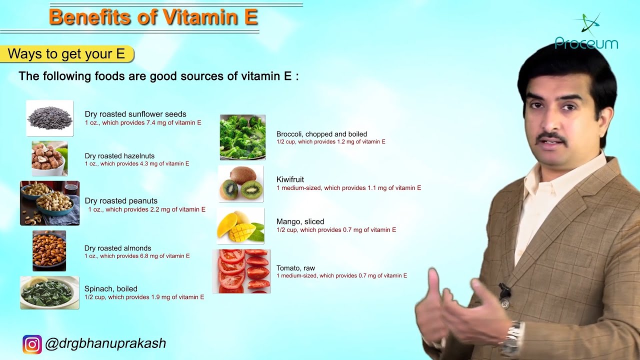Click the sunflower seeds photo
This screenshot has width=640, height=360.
coord(49,118)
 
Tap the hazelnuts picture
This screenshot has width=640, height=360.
coord(49,158)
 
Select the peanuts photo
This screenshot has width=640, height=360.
coord(49,203)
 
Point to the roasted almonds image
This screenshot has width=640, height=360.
coord(49,251)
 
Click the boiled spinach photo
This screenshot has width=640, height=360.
coord(49,292)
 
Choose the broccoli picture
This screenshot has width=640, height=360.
coord(242,137)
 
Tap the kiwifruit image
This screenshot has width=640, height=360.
coord(241,183)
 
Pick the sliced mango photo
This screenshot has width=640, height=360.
coord(240,226)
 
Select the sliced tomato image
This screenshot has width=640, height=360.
coord(241,271)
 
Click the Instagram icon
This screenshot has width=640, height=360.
coord(32,344)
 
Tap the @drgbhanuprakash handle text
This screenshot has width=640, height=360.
coord(105,343)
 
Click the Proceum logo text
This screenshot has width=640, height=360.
coord(586,43)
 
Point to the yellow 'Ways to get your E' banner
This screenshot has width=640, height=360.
coord(67,53)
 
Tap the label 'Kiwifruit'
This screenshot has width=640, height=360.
coord(290,179)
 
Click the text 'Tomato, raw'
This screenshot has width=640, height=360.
coord(295,268)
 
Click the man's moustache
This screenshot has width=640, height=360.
coord(551,137)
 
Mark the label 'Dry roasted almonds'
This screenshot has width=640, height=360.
coord(117,248)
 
